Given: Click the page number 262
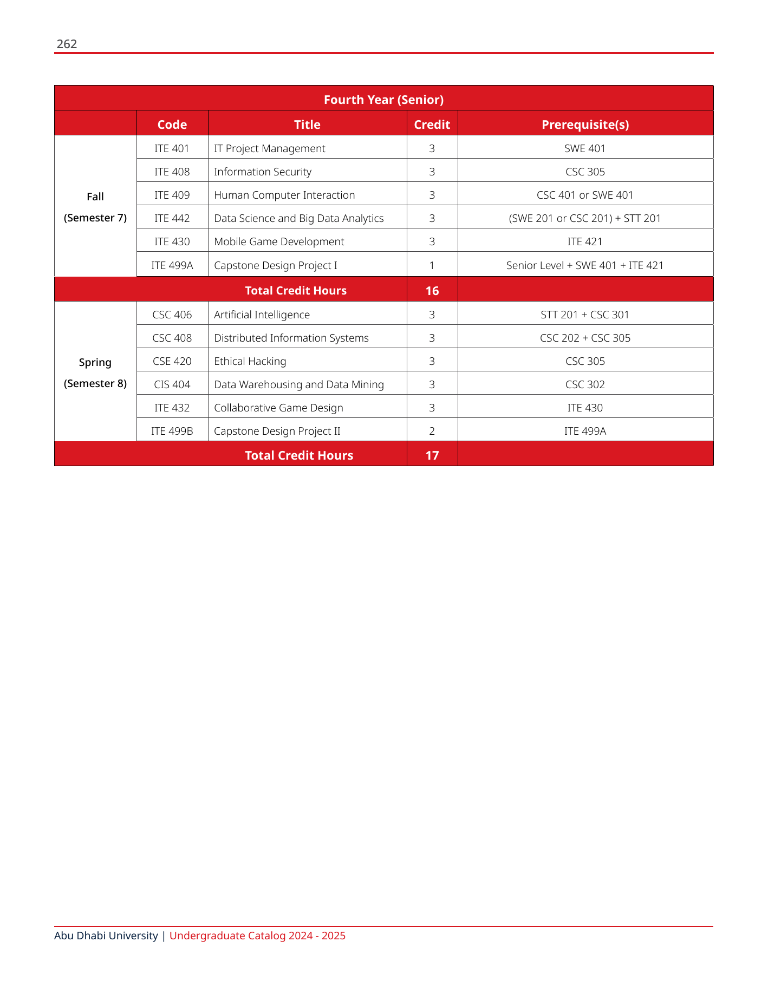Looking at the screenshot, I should (67, 44).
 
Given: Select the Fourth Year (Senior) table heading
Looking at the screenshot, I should (383, 100).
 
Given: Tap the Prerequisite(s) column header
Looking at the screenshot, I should (585, 125).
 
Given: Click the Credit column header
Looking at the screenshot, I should (432, 125).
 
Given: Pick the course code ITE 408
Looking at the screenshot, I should (172, 172).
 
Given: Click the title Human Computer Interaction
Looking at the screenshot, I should (284, 195).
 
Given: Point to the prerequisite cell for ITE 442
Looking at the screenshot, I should (585, 218).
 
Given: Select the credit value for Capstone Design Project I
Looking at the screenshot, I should (432, 265).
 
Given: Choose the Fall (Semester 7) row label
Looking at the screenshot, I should (95, 207).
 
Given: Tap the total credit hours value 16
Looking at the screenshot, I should (432, 291).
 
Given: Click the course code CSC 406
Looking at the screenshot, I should (172, 315).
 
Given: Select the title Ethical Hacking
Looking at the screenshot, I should (250, 361).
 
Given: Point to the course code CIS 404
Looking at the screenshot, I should (172, 384).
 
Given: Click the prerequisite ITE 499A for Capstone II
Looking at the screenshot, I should (585, 431).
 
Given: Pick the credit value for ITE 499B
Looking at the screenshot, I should (432, 431).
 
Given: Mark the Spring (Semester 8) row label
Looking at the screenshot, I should (95, 372).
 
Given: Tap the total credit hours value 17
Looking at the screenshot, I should (432, 455).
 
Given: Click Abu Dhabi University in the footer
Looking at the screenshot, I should (106, 936).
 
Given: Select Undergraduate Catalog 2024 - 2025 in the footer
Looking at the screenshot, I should (257, 936).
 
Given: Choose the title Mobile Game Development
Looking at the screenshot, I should (279, 241).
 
